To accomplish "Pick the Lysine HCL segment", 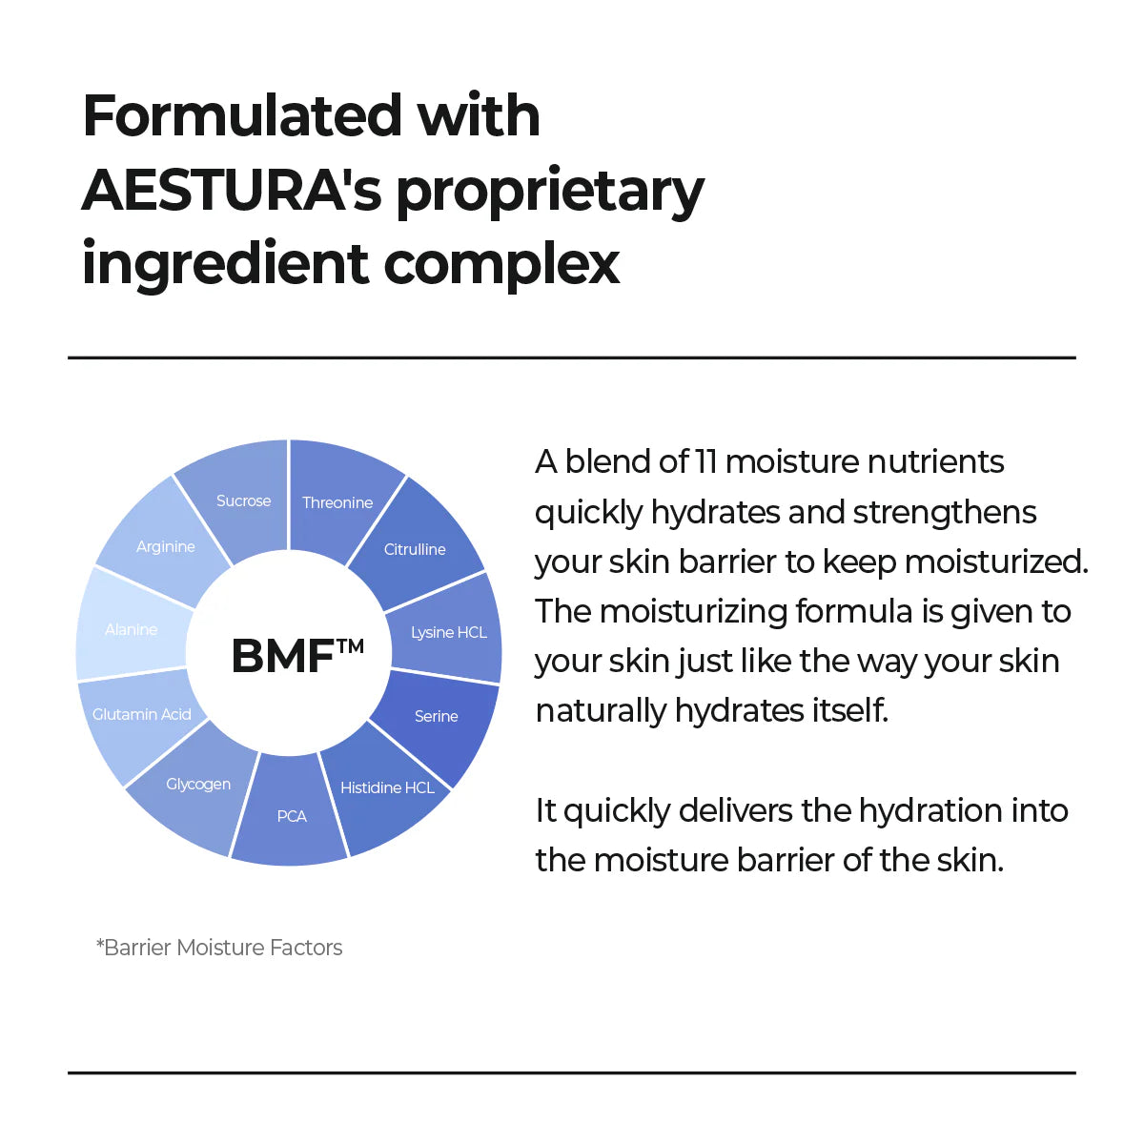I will (448, 631).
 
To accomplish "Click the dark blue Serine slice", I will (436, 716).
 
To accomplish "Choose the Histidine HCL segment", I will (387, 788).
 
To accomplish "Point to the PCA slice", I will (291, 817).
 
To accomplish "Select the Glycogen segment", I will (198, 785).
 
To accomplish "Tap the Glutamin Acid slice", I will (141, 715).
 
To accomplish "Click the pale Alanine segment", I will (132, 629).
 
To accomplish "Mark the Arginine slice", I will (165, 546).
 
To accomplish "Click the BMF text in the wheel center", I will (282, 656).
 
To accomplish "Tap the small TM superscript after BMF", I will (350, 645).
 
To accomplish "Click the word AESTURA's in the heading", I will (232, 191).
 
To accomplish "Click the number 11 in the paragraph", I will (705, 461).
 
